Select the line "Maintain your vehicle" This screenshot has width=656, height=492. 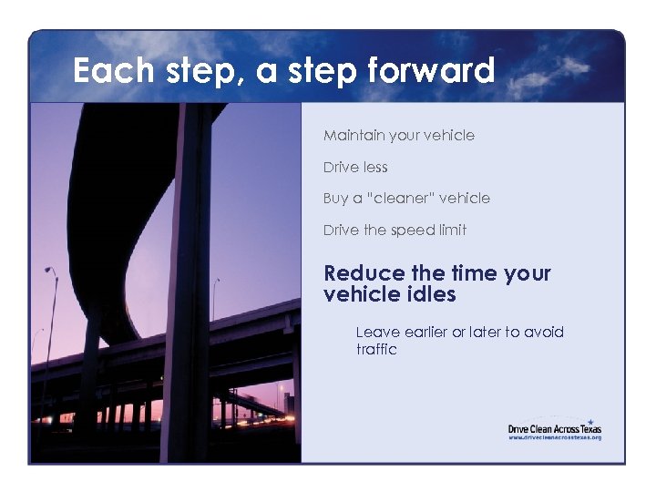coord(398,136)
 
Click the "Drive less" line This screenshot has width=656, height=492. coord(355,168)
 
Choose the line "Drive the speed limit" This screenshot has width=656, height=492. coord(395,231)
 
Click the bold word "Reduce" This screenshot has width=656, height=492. coord(364,273)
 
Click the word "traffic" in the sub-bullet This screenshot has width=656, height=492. coord(376,349)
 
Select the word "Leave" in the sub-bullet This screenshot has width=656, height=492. coord(375,333)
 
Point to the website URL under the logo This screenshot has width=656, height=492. coord(554,437)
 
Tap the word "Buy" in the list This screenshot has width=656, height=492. coord(335,199)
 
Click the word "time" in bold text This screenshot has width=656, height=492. coord(471,273)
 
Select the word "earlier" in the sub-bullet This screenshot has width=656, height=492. coord(424,333)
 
